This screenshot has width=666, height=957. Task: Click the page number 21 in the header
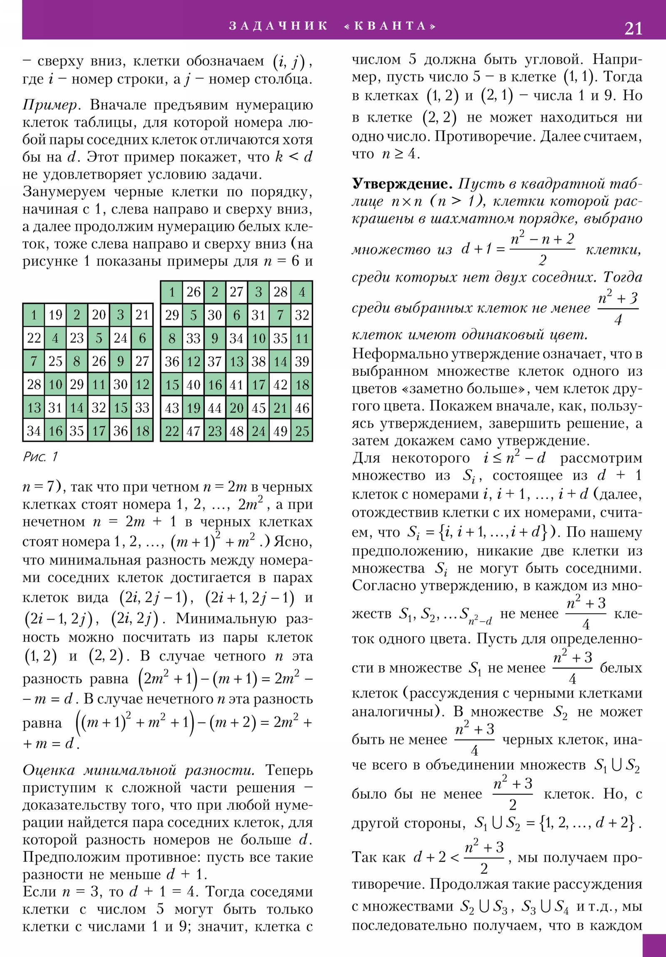tap(633, 28)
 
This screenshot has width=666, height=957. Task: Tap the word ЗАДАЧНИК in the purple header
tap(278, 26)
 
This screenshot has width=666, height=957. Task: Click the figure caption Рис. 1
tap(40, 457)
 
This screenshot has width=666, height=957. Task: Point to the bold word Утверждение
tap(402, 183)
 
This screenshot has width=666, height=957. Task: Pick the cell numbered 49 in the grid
tap(280, 431)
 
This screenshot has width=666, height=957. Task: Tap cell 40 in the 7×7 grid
tap(194, 385)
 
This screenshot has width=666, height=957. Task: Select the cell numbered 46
tap(302, 408)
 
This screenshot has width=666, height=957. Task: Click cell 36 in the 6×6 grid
tap(121, 431)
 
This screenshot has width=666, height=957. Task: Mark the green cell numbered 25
tap(302, 431)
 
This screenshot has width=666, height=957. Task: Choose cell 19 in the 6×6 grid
tap(55, 315)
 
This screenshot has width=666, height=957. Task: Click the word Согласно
tap(384, 585)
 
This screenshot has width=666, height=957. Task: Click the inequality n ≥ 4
tap(400, 154)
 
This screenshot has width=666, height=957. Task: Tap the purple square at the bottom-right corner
tap(654, 945)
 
